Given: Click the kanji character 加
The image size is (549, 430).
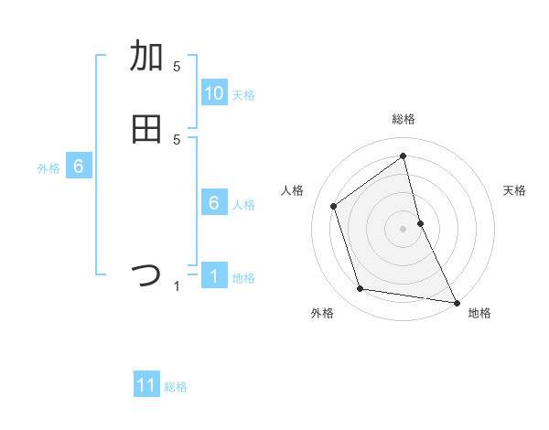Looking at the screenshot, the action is (x=146, y=56).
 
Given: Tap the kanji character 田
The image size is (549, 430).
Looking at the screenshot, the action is (x=146, y=129).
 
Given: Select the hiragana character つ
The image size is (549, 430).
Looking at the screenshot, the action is (x=146, y=275).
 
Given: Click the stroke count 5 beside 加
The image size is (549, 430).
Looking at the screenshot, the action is (x=177, y=67).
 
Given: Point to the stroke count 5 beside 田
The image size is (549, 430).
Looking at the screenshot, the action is (x=177, y=140).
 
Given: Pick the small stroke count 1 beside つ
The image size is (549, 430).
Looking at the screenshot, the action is (x=177, y=286).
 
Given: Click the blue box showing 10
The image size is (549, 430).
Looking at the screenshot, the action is (x=214, y=93).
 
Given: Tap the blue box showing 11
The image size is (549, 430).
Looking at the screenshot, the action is (x=146, y=385).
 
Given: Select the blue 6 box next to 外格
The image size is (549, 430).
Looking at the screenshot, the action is (x=79, y=167).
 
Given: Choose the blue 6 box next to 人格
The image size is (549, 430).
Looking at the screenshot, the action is (x=214, y=203).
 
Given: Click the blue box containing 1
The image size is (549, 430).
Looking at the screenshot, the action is (x=214, y=276).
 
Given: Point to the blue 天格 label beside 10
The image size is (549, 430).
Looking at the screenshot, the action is (x=243, y=95).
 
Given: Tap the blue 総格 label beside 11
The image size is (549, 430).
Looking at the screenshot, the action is (x=176, y=387).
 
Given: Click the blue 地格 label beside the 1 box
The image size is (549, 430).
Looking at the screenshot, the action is (x=243, y=278).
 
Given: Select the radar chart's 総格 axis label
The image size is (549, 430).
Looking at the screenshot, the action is (x=404, y=119).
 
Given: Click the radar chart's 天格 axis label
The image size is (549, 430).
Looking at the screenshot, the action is (x=515, y=190).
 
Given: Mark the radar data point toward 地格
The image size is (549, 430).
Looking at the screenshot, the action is (x=456, y=301).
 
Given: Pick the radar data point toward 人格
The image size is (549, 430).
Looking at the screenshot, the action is (x=334, y=206).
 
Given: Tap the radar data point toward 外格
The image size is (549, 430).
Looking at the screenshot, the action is (x=361, y=289).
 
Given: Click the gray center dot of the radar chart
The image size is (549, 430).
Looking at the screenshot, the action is (x=404, y=228).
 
